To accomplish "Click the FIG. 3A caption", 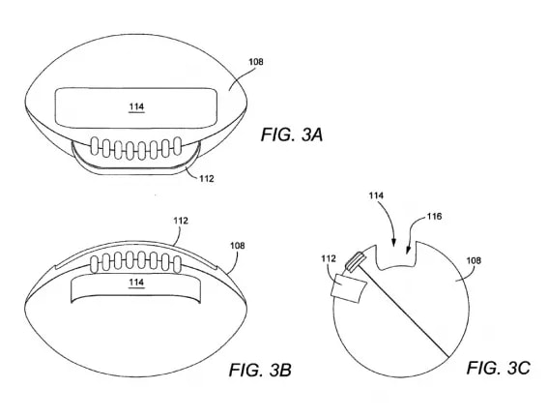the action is point(292,135).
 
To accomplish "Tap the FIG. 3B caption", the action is point(260,370).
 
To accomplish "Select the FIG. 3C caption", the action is point(498,368).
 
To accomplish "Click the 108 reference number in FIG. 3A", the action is point(256,62).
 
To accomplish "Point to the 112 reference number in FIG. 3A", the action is point(207,179).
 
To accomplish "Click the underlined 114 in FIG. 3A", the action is point(136,107).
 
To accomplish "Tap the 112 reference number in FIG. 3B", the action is point(181,221).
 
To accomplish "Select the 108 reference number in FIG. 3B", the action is point(238,246).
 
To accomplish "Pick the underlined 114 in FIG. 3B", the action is point(136,283).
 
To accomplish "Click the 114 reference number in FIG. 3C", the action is point(376,195).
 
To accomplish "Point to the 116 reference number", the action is point(434,217).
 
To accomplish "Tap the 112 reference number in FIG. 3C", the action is point(329,258).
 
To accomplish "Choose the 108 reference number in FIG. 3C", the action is point(474,260).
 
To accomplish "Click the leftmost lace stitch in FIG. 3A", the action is point(95,146).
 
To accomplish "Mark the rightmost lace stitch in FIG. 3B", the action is point(177,264).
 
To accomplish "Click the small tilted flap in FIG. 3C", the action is point(348,288).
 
